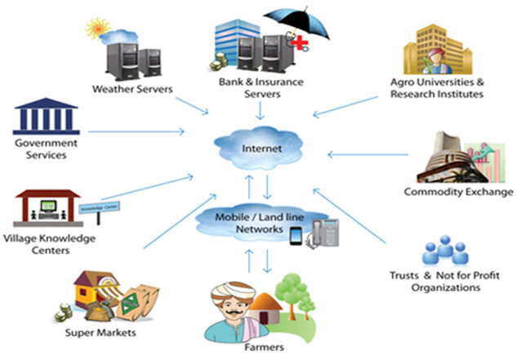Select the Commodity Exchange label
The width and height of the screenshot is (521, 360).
[458, 193]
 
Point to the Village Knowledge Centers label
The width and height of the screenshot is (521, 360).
[48, 244]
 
